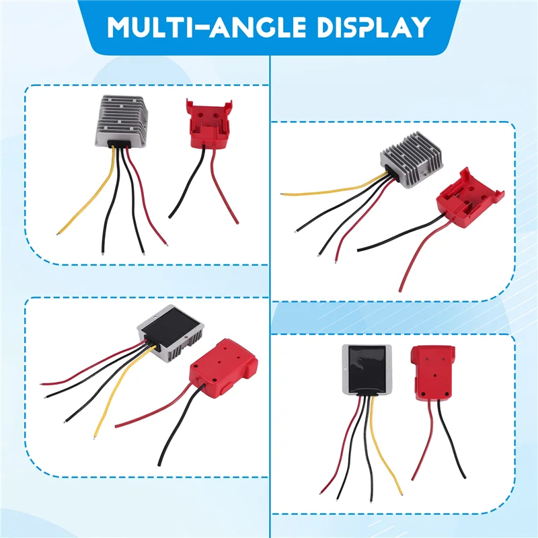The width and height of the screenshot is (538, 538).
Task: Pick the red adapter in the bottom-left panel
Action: click(x=223, y=369)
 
